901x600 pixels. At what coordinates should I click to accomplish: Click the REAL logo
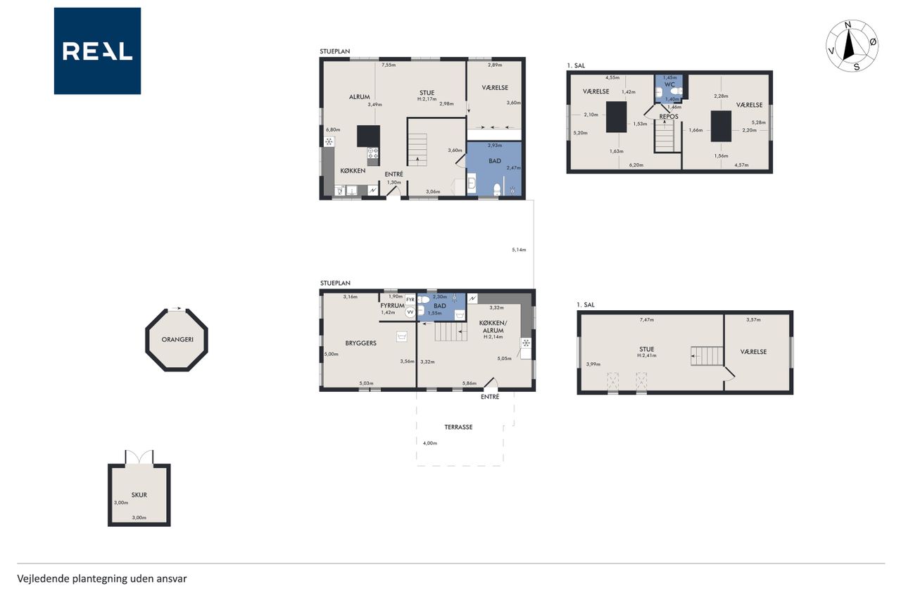(97, 51)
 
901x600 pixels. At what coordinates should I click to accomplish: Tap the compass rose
(852, 46)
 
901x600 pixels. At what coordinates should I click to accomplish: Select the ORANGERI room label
(177, 340)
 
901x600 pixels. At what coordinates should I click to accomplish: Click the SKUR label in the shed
(139, 494)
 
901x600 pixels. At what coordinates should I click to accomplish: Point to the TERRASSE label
(458, 427)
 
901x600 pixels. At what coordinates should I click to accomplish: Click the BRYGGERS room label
(361, 343)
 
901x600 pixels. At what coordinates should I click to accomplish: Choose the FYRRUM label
(392, 306)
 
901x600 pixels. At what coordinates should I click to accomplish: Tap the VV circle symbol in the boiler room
(410, 312)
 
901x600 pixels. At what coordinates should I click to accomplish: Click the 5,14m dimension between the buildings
(519, 250)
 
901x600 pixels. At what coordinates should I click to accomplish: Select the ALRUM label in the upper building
(359, 97)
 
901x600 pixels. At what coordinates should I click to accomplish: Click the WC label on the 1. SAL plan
(669, 84)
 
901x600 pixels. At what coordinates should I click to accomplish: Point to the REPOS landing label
(669, 117)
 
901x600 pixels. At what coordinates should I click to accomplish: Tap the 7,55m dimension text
(389, 65)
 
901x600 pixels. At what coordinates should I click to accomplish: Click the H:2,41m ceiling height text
(646, 356)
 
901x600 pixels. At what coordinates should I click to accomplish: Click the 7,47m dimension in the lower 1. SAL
(646, 320)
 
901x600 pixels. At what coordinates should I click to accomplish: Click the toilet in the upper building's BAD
(497, 189)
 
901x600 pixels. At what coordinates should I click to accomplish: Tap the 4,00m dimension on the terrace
(429, 443)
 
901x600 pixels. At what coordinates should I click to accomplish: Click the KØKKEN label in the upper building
(353, 171)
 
